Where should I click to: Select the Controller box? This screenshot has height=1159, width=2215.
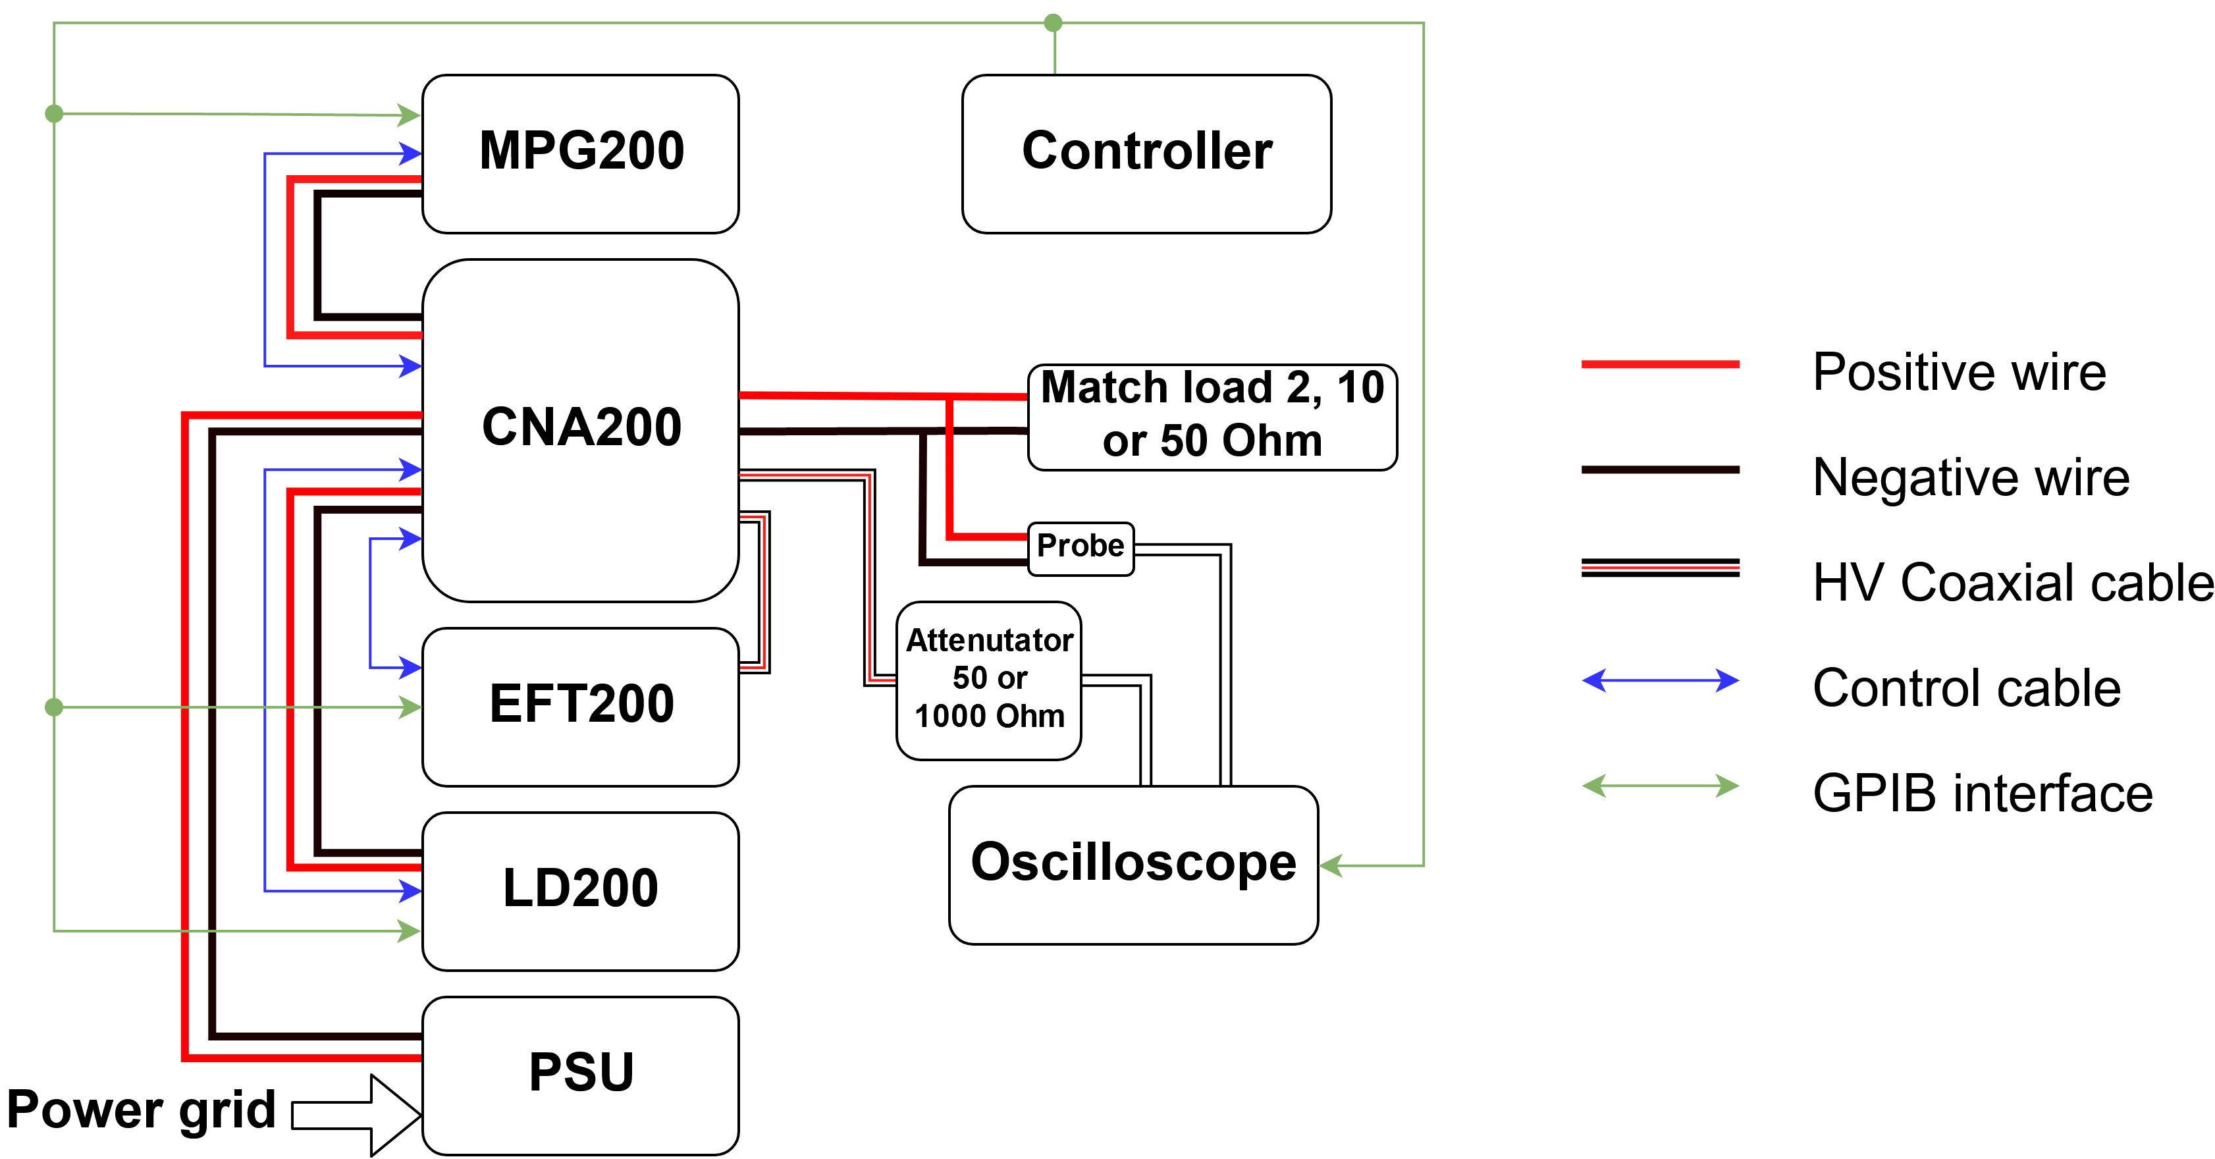(1146, 153)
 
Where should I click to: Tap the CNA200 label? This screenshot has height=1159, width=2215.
(581, 427)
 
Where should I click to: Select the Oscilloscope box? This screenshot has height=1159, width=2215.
(1133, 864)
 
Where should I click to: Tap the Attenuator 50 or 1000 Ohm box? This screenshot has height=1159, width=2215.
(989, 679)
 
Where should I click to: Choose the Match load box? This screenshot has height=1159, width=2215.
(1212, 416)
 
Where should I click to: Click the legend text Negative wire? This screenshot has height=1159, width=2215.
(1971, 477)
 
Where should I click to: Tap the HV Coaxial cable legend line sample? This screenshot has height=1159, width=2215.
(1659, 568)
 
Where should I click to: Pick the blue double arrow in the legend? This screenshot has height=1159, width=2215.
(1659, 680)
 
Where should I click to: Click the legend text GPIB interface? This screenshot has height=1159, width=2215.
(1982, 793)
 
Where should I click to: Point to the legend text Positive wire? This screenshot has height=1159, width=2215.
(1959, 372)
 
